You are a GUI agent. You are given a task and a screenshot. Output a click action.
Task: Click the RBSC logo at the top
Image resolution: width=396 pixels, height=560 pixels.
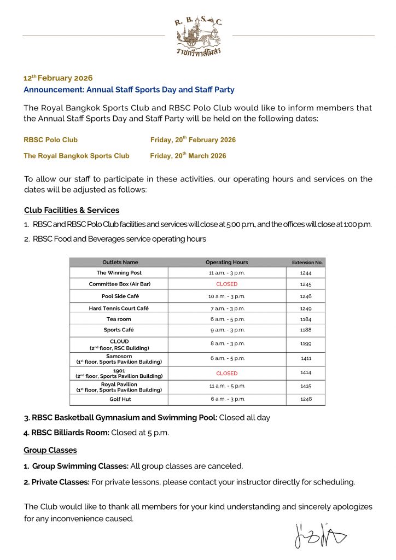point(198,37)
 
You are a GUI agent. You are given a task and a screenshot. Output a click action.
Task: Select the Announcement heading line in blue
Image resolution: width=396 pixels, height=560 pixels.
point(129,90)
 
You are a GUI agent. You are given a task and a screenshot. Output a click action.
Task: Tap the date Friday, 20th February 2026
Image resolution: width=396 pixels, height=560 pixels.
point(193,140)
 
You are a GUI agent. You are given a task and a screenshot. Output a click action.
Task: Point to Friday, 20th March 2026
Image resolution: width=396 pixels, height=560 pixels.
point(188,156)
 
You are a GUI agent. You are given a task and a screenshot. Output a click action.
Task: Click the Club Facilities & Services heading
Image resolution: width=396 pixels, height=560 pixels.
point(72,210)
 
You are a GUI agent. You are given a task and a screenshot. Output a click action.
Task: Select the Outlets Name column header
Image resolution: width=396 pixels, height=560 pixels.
point(120,262)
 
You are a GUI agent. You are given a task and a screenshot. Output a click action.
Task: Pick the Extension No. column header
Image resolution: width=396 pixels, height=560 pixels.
point(307,262)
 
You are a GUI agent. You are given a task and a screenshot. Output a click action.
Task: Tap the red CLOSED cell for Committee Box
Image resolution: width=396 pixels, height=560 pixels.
point(226,284)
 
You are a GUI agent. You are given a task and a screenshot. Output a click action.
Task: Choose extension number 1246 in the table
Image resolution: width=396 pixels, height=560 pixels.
point(306,296)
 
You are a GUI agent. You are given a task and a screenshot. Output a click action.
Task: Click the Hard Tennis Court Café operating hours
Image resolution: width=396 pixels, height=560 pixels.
point(226,308)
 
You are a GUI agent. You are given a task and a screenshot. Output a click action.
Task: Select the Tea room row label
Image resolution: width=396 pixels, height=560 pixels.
point(119,319)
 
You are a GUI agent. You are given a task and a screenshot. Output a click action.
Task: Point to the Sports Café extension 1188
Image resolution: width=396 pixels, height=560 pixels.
point(306,330)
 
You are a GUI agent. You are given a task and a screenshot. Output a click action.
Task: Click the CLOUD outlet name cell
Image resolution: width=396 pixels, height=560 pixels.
point(119,345)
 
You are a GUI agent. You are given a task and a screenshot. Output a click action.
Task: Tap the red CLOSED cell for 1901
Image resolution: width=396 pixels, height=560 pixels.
point(226,374)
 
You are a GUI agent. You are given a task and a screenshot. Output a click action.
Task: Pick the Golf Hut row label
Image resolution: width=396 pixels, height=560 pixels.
point(119,399)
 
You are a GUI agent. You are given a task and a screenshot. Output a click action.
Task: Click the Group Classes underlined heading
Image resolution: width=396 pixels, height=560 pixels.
point(50,450)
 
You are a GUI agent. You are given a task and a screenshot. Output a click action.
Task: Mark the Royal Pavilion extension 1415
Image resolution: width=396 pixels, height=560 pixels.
point(306,386)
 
